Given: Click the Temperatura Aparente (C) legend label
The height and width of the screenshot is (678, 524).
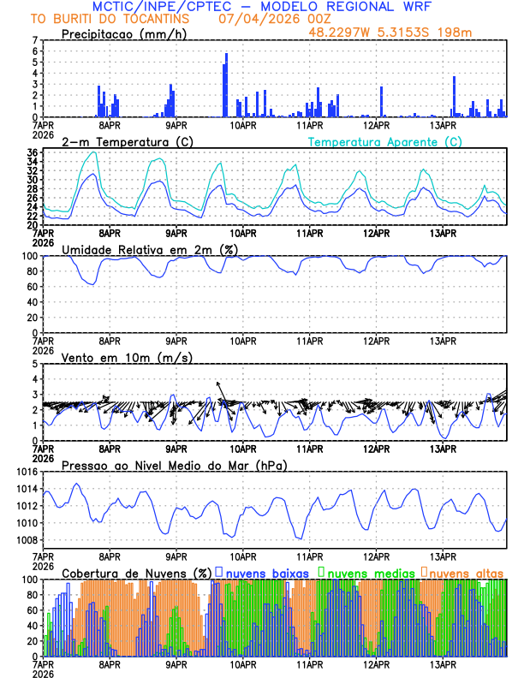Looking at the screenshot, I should coord(384,141).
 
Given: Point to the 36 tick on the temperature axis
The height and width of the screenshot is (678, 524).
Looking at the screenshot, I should coord(32,153).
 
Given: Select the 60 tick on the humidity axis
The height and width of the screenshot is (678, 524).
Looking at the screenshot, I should coord(32,287).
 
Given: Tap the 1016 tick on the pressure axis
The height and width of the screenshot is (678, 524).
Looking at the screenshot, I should coord(26,472).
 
